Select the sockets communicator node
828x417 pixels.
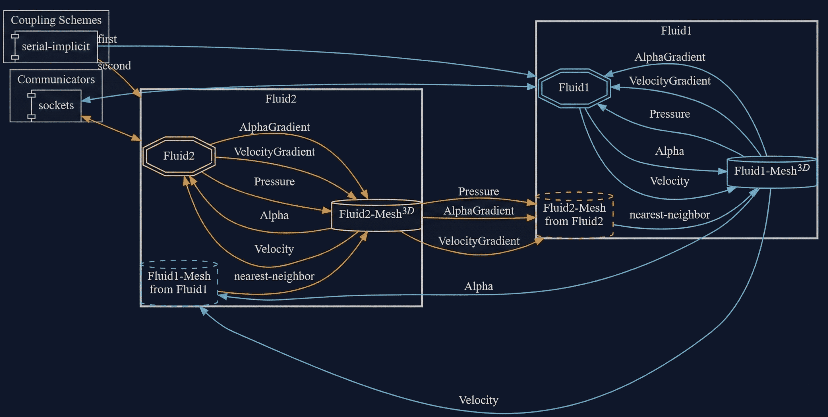click(x=56, y=106)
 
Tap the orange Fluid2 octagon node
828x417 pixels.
click(x=179, y=156)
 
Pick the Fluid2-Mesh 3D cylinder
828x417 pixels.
click(x=376, y=214)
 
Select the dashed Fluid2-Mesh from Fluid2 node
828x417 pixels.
click(x=574, y=215)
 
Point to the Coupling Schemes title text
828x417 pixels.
click(x=56, y=20)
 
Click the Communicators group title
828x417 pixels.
click(x=56, y=80)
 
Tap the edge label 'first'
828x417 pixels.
click(x=107, y=39)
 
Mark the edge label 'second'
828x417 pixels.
click(x=114, y=66)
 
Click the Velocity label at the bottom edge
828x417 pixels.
click(x=478, y=400)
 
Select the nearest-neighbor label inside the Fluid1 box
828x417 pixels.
click(x=670, y=214)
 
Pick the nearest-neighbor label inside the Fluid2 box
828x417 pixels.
click(x=274, y=276)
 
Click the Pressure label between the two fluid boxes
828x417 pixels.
click(x=479, y=192)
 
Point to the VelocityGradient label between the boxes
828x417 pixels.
click(x=479, y=241)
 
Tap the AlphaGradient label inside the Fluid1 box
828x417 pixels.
click(x=670, y=57)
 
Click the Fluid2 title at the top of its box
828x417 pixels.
click(x=281, y=99)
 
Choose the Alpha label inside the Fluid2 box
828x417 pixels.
click(x=274, y=215)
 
